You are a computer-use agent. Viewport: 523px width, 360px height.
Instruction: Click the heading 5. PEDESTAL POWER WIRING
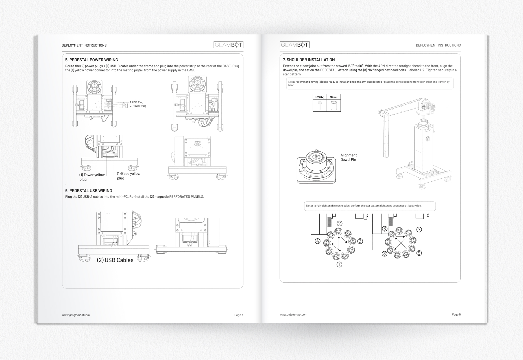point(91,60)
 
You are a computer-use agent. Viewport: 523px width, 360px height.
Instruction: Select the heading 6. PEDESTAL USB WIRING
point(88,191)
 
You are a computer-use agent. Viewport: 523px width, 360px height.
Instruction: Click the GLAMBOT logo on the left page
point(228,45)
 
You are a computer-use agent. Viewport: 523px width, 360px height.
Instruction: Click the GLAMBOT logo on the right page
point(295,45)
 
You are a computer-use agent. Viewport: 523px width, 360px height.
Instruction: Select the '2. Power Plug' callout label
point(138,106)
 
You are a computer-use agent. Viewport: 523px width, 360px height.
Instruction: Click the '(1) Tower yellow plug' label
point(92,177)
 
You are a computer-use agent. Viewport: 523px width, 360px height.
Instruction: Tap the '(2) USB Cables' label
point(115,260)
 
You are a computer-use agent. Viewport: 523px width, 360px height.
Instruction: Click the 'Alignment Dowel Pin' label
point(348,157)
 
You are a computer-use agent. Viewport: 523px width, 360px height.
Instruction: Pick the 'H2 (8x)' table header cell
point(320,97)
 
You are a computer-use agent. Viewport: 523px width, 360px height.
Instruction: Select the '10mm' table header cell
point(334,97)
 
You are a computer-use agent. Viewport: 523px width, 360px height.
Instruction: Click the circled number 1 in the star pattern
point(339,265)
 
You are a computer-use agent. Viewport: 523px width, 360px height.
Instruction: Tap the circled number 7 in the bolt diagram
point(419,230)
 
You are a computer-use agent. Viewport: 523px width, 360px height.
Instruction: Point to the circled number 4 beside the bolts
point(317,242)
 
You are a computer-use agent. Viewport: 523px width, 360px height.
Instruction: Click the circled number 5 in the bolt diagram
point(419,253)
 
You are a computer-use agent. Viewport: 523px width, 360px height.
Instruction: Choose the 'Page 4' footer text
point(239,315)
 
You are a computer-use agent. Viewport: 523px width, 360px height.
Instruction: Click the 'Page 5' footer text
point(456,315)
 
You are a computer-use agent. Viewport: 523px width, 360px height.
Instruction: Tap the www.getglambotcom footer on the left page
point(76,315)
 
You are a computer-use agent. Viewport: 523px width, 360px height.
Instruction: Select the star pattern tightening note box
point(370,206)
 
